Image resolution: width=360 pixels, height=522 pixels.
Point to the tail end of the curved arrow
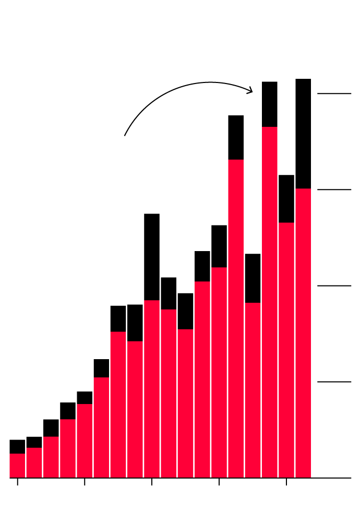(125, 135)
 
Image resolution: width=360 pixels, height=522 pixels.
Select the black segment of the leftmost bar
(17, 446)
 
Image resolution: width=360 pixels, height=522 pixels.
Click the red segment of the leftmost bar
(17, 465)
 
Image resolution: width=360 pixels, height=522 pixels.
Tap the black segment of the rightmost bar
(303, 134)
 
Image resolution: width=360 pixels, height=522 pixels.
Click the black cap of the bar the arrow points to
(269, 104)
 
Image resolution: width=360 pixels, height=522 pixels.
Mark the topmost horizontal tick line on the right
(334, 93)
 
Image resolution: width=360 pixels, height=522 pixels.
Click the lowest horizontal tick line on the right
(334, 382)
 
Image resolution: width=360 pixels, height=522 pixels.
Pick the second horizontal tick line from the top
(334, 189)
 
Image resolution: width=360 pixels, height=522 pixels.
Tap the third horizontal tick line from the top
(334, 286)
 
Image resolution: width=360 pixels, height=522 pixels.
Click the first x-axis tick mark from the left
(18, 482)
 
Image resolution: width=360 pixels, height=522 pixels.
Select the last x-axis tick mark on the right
(286, 482)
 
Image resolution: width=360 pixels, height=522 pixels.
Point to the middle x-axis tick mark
(152, 482)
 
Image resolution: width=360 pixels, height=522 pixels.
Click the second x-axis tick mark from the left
(85, 482)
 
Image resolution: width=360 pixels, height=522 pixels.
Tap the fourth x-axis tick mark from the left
(219, 482)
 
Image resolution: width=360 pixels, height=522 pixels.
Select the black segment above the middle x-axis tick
(152, 257)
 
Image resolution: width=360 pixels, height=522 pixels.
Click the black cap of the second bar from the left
(34, 442)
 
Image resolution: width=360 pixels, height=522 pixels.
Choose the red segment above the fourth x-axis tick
(219, 372)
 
